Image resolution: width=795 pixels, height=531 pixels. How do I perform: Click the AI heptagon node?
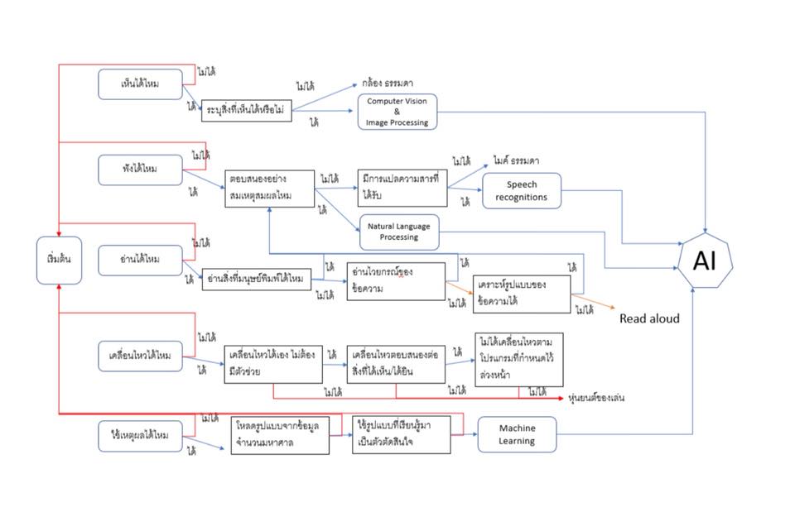[705, 261]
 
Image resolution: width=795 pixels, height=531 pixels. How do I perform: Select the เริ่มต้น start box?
[60, 260]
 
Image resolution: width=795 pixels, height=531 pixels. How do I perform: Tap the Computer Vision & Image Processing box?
[397, 112]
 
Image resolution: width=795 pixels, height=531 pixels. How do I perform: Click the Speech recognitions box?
[522, 191]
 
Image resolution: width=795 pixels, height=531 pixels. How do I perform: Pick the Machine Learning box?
[517, 434]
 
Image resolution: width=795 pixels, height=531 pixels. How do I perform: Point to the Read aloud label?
[649, 318]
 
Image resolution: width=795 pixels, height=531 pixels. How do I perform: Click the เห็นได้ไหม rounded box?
[140, 84]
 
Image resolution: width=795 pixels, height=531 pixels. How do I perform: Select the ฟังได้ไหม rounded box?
[140, 170]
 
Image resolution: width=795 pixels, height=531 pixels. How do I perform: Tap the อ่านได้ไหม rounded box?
[140, 260]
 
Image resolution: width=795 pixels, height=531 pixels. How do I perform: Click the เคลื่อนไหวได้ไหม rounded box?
[140, 356]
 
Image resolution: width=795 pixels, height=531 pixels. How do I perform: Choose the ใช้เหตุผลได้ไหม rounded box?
[140, 435]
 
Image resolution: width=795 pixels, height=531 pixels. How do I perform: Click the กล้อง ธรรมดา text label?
[388, 84]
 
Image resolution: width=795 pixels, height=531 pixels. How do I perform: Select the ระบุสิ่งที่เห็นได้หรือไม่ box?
[247, 111]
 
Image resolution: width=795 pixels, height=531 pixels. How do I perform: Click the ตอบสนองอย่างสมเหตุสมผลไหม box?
[269, 189]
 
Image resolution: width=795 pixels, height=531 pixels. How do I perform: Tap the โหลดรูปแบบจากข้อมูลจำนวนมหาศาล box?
[280, 434]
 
